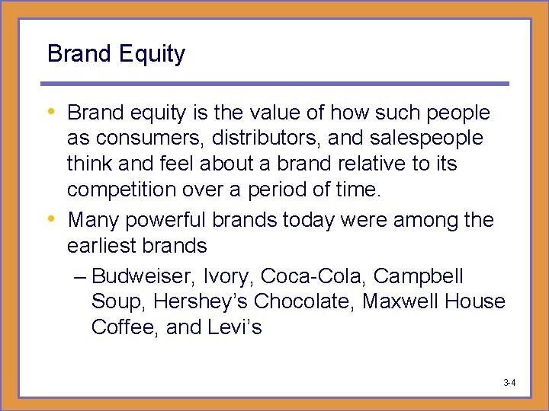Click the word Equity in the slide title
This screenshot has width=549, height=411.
[x=149, y=54]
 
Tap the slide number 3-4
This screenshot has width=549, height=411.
[x=509, y=382]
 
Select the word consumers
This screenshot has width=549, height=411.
[x=140, y=139]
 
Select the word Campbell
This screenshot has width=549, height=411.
[x=419, y=276]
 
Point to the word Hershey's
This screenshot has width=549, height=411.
[x=201, y=302]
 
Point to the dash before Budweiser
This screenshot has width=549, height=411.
[x=82, y=277]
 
